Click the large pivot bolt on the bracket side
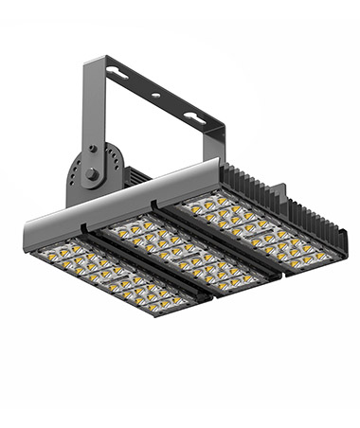point(90,174)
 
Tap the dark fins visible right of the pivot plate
point(138,176)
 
